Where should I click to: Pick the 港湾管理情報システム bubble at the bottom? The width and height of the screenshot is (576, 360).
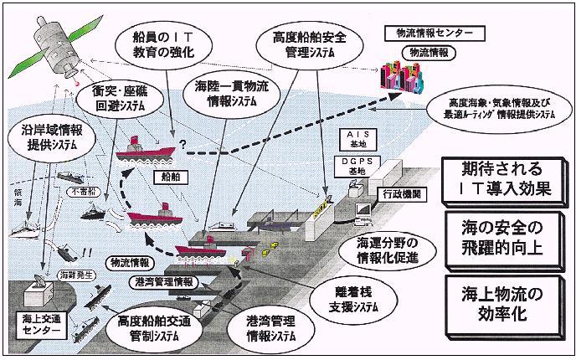click(x=263, y=332)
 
